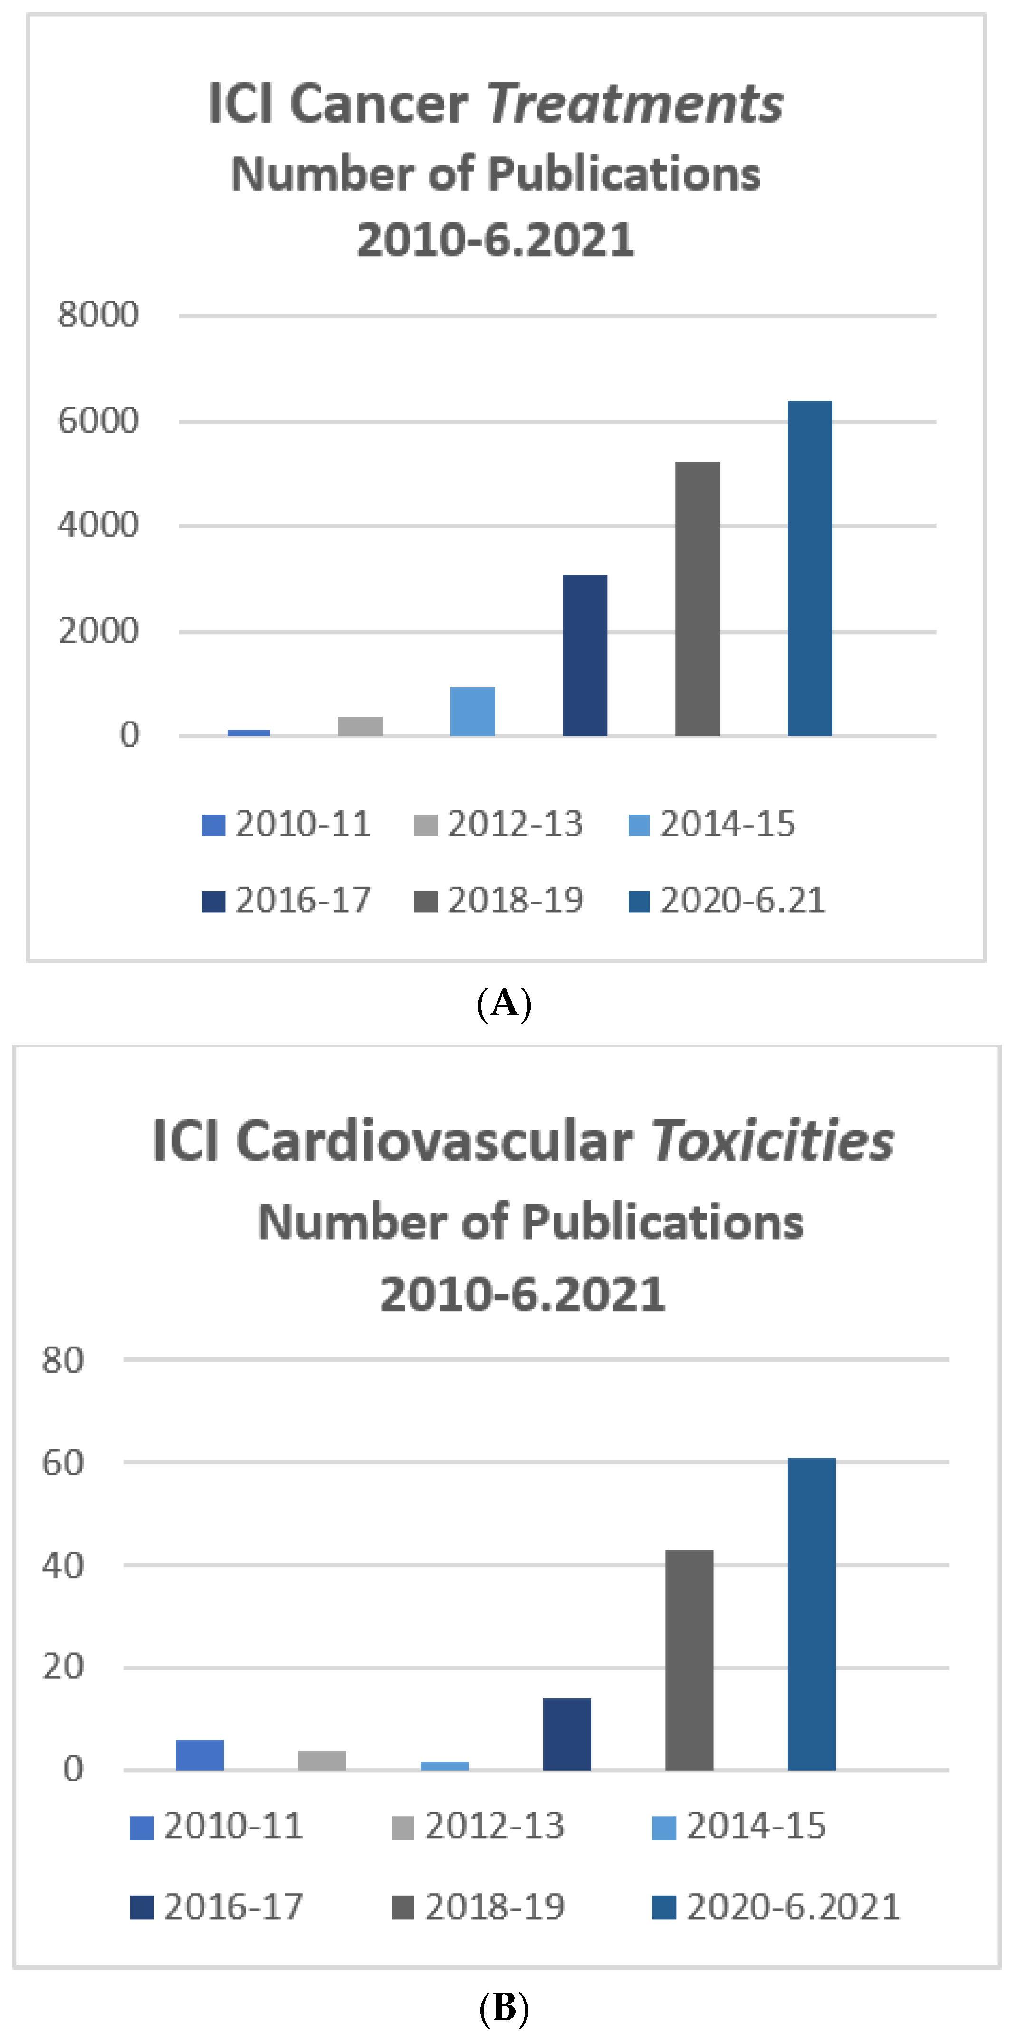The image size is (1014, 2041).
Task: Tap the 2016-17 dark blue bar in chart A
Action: tap(584, 655)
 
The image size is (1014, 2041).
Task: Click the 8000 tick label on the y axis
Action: tap(98, 315)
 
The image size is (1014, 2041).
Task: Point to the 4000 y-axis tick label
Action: tap(98, 525)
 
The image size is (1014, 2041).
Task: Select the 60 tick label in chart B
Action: tap(63, 1463)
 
